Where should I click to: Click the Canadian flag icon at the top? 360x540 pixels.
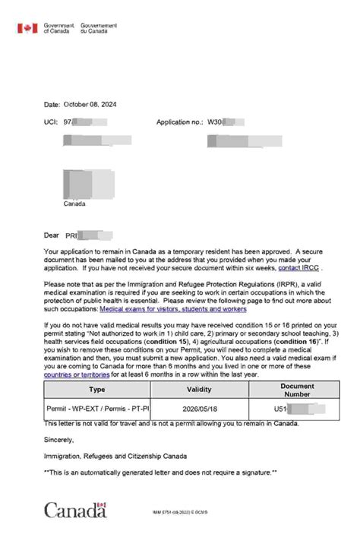[27, 28]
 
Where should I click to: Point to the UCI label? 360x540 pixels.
[51, 122]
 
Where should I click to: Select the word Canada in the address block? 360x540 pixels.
[75, 204]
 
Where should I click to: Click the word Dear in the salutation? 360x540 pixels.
[52, 235]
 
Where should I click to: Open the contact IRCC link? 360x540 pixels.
[298, 268]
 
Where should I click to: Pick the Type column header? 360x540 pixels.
[97, 389]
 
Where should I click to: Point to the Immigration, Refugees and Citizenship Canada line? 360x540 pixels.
[115, 456]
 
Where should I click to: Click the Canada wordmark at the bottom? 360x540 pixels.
[75, 510]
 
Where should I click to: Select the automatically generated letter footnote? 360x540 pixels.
[161, 472]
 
